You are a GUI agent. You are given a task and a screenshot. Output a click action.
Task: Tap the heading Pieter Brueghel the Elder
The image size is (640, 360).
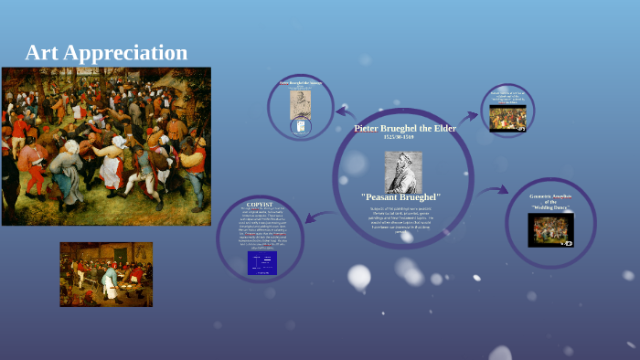404,128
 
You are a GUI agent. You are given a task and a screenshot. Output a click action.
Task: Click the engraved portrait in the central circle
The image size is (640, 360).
402,172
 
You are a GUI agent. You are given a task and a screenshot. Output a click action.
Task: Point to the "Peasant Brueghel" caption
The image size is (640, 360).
401,197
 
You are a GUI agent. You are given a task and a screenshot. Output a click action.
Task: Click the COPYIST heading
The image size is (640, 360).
260,204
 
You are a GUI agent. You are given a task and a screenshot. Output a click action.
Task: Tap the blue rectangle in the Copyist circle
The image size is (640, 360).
261,263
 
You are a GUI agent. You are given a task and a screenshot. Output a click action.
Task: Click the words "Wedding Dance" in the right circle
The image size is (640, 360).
550,208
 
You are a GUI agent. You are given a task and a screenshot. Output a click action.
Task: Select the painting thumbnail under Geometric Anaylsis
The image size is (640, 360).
550,229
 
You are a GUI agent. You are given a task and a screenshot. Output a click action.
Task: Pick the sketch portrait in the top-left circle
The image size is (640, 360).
300,103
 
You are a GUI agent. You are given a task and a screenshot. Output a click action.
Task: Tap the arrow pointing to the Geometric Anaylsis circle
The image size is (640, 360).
494,190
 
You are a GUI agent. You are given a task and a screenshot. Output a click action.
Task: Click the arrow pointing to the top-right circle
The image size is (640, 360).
469,116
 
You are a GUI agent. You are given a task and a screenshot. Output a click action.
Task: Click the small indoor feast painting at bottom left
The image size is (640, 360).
106,273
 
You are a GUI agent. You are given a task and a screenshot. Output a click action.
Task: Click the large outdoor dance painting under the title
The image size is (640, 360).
106,146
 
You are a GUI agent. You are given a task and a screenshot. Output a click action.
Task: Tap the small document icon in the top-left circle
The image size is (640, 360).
299,127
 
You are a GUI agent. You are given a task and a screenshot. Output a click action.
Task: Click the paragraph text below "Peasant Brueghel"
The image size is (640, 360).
402,219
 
